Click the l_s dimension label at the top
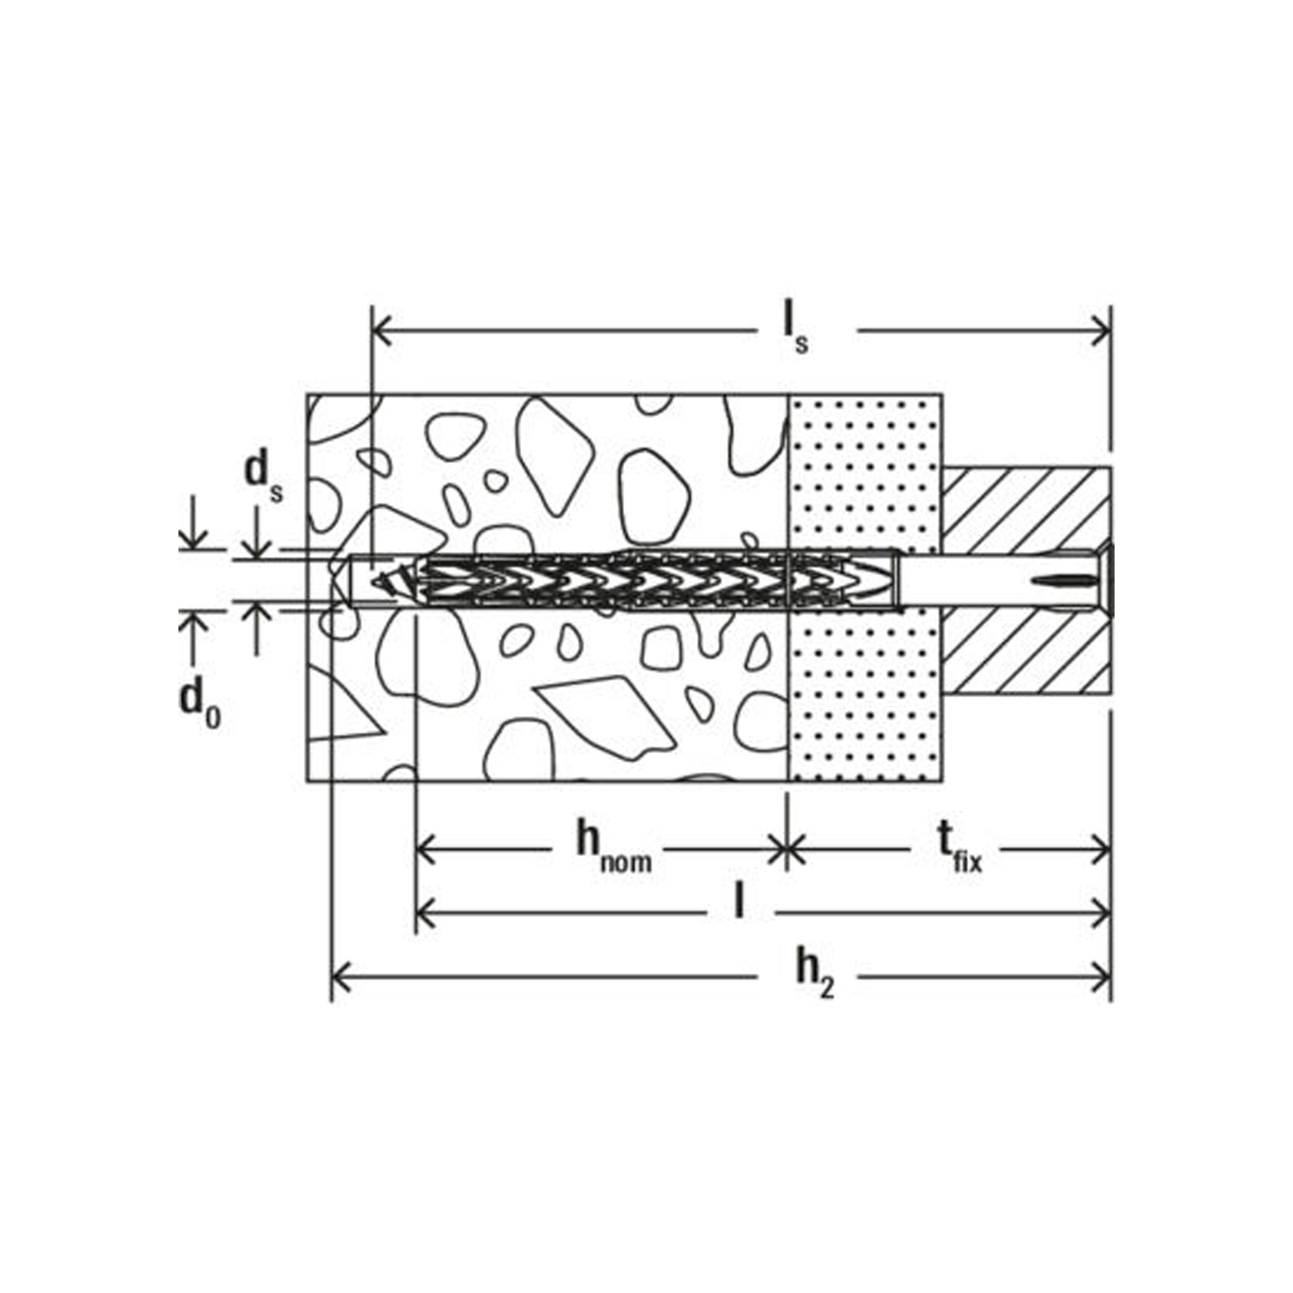point(796,332)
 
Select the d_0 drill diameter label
point(198,704)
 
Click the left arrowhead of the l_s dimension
point(381,330)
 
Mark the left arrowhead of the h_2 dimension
point(342,980)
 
